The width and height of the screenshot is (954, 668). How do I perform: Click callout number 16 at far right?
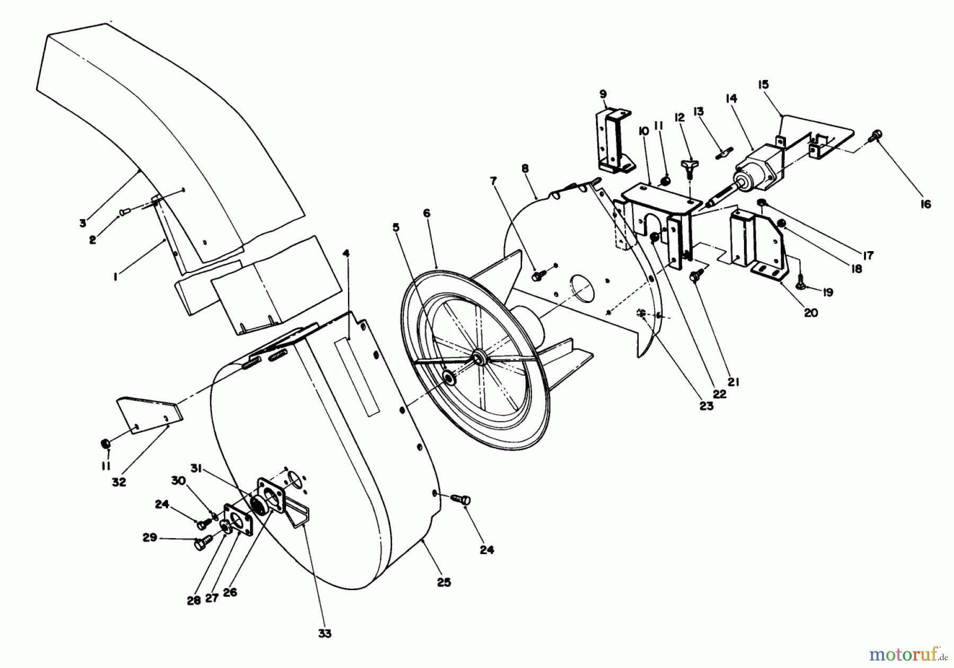tap(925, 204)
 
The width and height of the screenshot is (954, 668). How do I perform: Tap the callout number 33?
tap(325, 633)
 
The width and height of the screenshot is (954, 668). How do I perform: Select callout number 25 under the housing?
tap(444, 582)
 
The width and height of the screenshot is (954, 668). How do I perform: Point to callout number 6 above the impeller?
tap(427, 213)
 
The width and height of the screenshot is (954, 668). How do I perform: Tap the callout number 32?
tap(119, 482)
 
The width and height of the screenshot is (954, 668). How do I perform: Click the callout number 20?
tap(811, 313)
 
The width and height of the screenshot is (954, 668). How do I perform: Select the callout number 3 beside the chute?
tap(83, 223)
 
